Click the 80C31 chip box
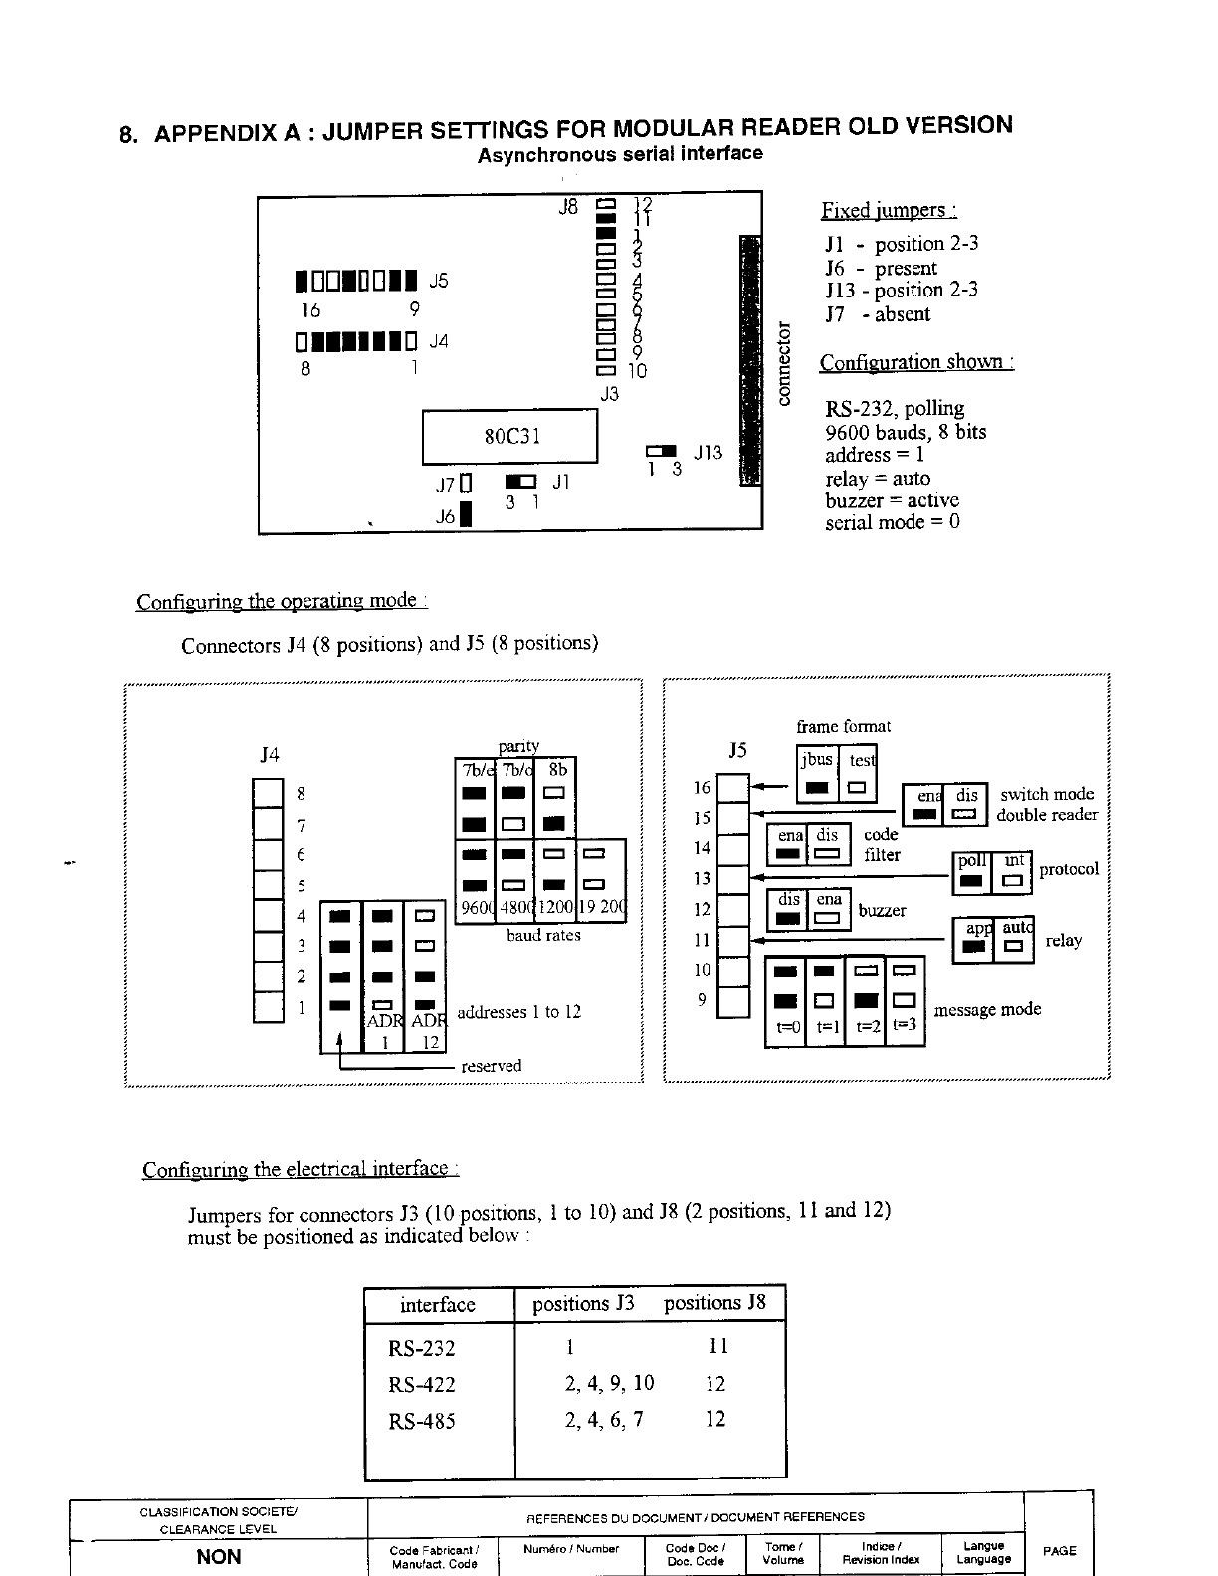coord(510,436)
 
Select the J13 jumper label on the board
coord(708,452)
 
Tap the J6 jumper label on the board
coord(445,517)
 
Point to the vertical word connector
coord(782,363)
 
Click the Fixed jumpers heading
coord(889,210)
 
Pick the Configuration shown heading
coord(915,362)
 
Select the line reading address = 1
coord(875,455)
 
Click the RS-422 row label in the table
coord(421,1384)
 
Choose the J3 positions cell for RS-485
coord(604,1420)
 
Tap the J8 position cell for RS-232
coord(718,1346)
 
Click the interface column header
coord(438,1305)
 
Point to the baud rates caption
coord(543,935)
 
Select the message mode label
coord(987,1009)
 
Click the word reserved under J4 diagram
coord(492,1066)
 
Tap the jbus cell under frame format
coord(817,760)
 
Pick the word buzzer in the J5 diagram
coord(882,910)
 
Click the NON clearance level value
coord(219,1557)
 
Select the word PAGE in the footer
coord(1059,1550)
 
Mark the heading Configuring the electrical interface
coord(300,1169)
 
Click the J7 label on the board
coord(444,485)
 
